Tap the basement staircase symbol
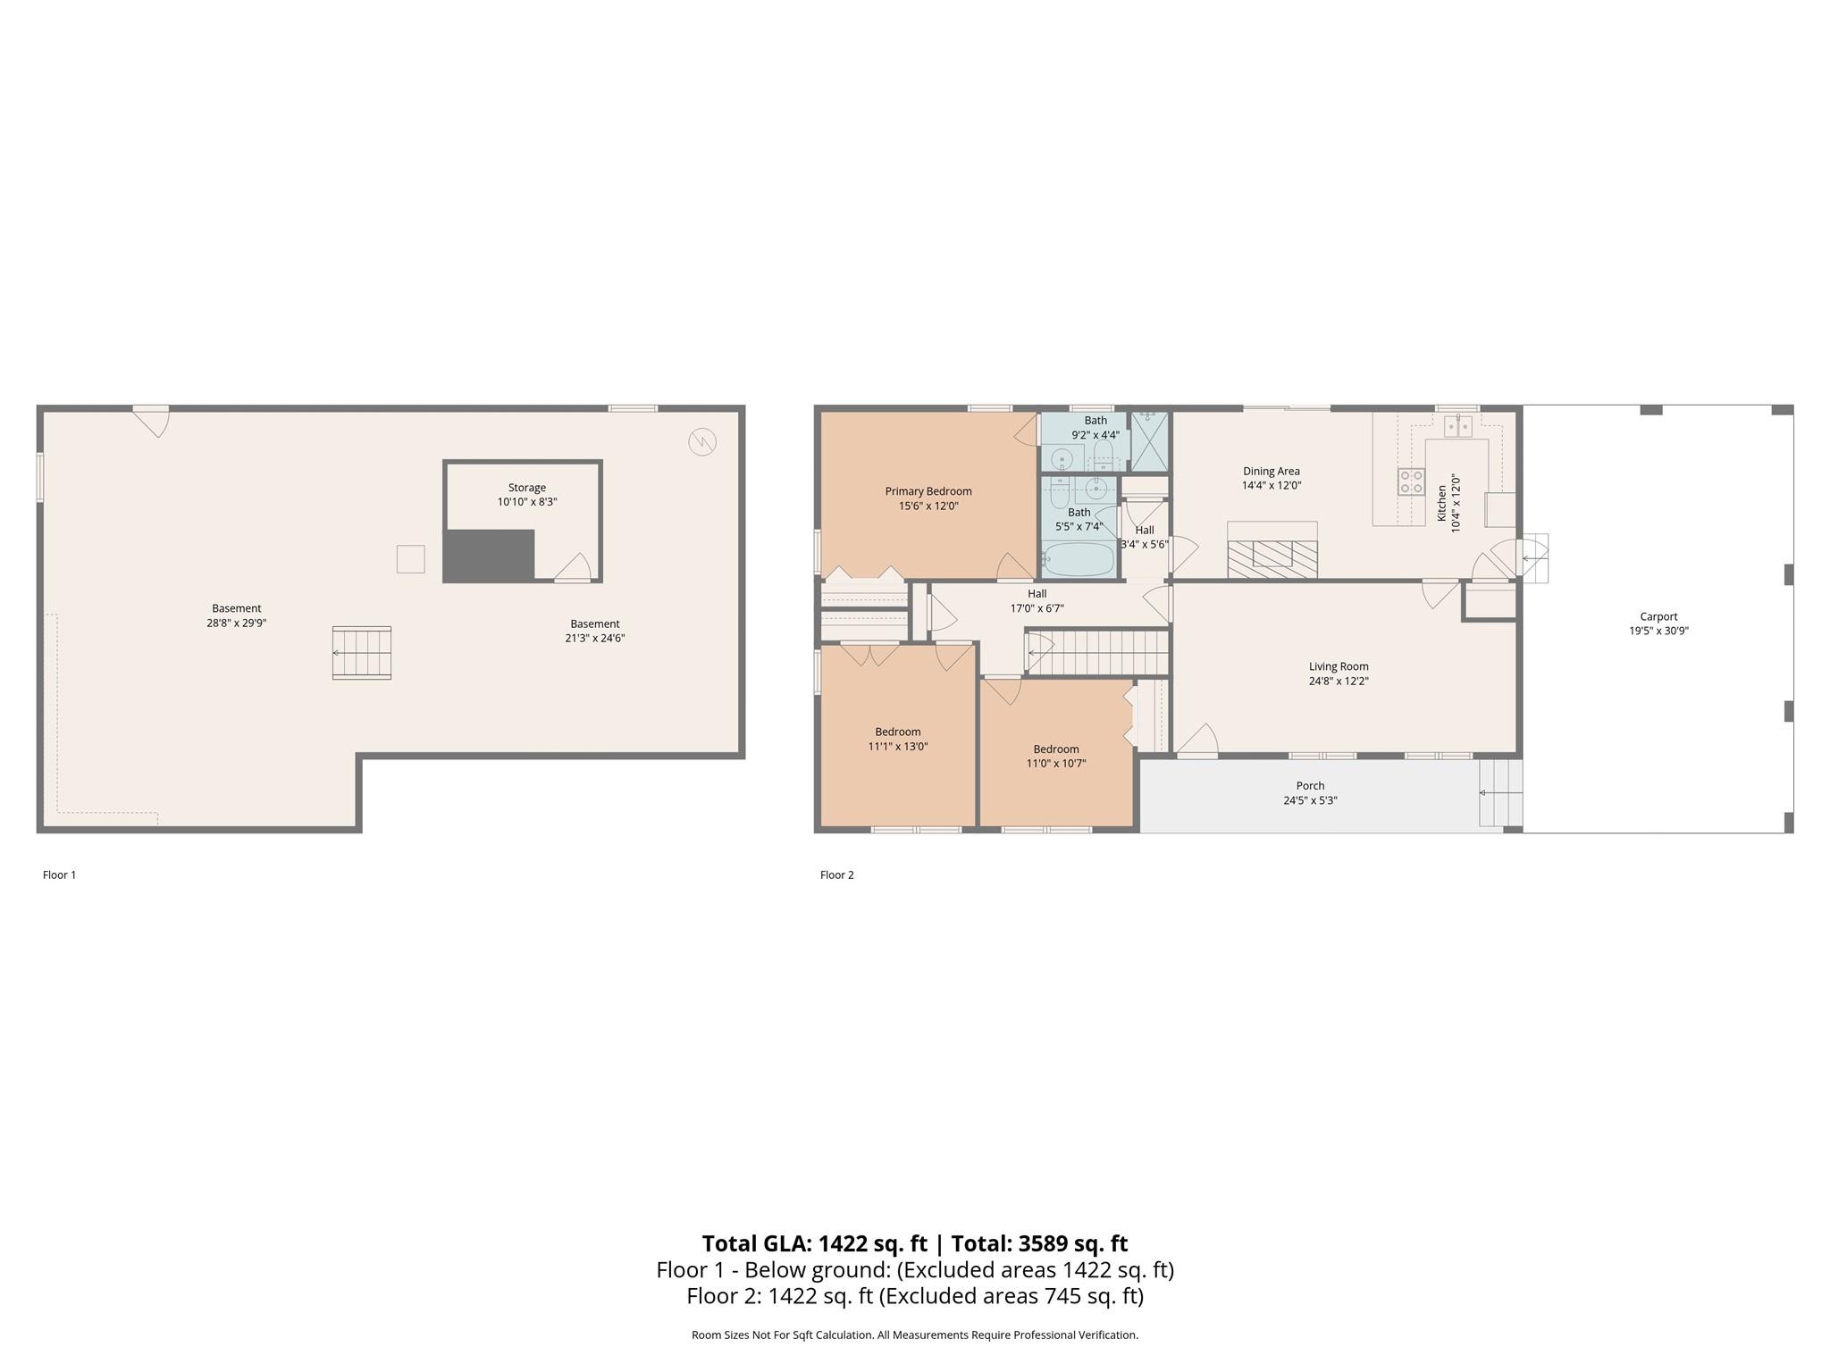[362, 653]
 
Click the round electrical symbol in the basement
[702, 442]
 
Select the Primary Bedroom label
[928, 491]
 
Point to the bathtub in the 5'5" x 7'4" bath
[1079, 560]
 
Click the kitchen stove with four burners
[1412, 481]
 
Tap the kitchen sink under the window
[1458, 425]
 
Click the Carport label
[1658, 616]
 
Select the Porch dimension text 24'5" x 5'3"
[1310, 800]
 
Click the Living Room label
[1339, 666]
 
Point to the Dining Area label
[1272, 472]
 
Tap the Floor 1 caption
[60, 875]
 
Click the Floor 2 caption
[837, 875]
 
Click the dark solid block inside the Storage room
[489, 555]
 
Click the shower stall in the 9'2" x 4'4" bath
[1150, 441]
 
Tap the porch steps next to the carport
[1501, 793]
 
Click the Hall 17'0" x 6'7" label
[1037, 601]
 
